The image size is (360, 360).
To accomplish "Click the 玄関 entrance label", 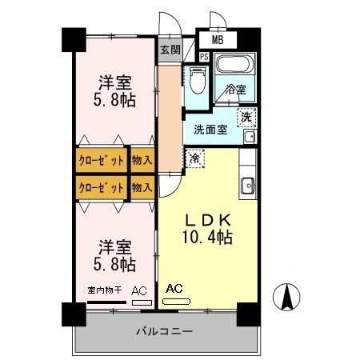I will pos(169,50).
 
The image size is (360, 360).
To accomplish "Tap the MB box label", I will pos(218,38).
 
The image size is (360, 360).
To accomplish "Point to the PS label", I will pos(204,57).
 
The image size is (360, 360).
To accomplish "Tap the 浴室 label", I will pos(235,90).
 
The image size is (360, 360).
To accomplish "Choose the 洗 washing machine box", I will pos(247,116).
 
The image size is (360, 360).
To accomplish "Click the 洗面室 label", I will pos(211,128).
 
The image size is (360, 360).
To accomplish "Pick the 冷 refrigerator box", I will pos(194,158).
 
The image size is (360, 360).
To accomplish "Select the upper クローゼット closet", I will pos(101,159).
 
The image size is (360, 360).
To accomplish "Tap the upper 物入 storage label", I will pos(142,159).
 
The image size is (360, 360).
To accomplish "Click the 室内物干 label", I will pos(103,290).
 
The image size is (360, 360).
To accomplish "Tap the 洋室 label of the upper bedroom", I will pos(115,82).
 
